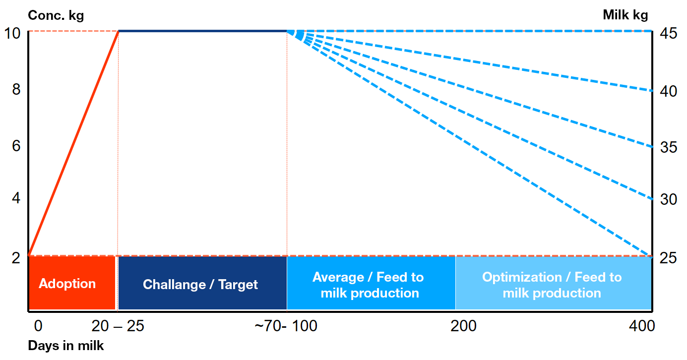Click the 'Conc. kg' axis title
pos(56,15)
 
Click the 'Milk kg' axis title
pos(625,15)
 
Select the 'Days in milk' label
pos(66,346)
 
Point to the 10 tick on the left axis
pos(13,34)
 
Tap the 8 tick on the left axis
pos(16,90)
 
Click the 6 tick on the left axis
pos(16,146)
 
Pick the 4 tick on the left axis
pos(16,199)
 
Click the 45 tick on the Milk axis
pos(669,34)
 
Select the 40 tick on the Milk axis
pos(669,91)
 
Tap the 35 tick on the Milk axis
pos(669,147)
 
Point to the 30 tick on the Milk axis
pos(669,199)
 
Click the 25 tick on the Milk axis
pos(669,258)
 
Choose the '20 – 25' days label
pos(117,326)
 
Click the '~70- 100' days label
pos(286,326)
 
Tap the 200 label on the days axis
pos(463,326)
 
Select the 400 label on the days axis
pos(641,326)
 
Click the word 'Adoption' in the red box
pos(67,284)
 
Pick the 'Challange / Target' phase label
pos(200,285)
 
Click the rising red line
pos(73,143)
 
